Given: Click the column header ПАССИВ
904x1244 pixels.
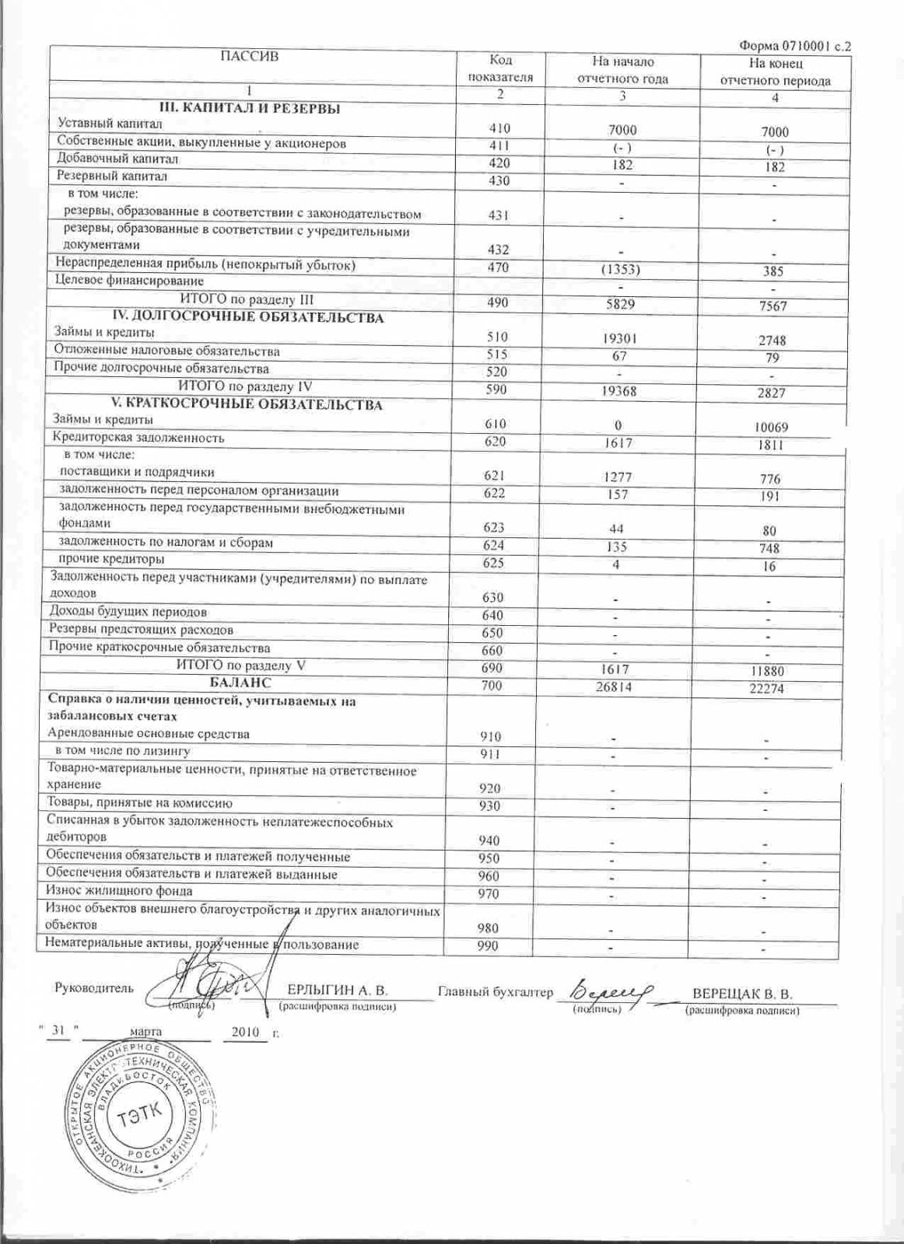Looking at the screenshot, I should (x=249, y=56).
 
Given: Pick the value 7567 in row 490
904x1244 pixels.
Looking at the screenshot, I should (x=773, y=306).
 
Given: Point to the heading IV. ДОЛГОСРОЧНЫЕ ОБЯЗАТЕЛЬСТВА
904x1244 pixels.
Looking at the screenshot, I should (x=248, y=318).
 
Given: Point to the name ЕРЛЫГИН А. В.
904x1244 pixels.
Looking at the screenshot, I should (x=337, y=991).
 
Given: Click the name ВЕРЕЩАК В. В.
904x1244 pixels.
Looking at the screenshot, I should (x=742, y=994).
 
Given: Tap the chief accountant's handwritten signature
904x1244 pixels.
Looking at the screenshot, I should (x=612, y=991).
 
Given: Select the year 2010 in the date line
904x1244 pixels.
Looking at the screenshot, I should (x=244, y=1032).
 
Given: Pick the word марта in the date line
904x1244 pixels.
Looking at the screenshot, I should (x=147, y=1032).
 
